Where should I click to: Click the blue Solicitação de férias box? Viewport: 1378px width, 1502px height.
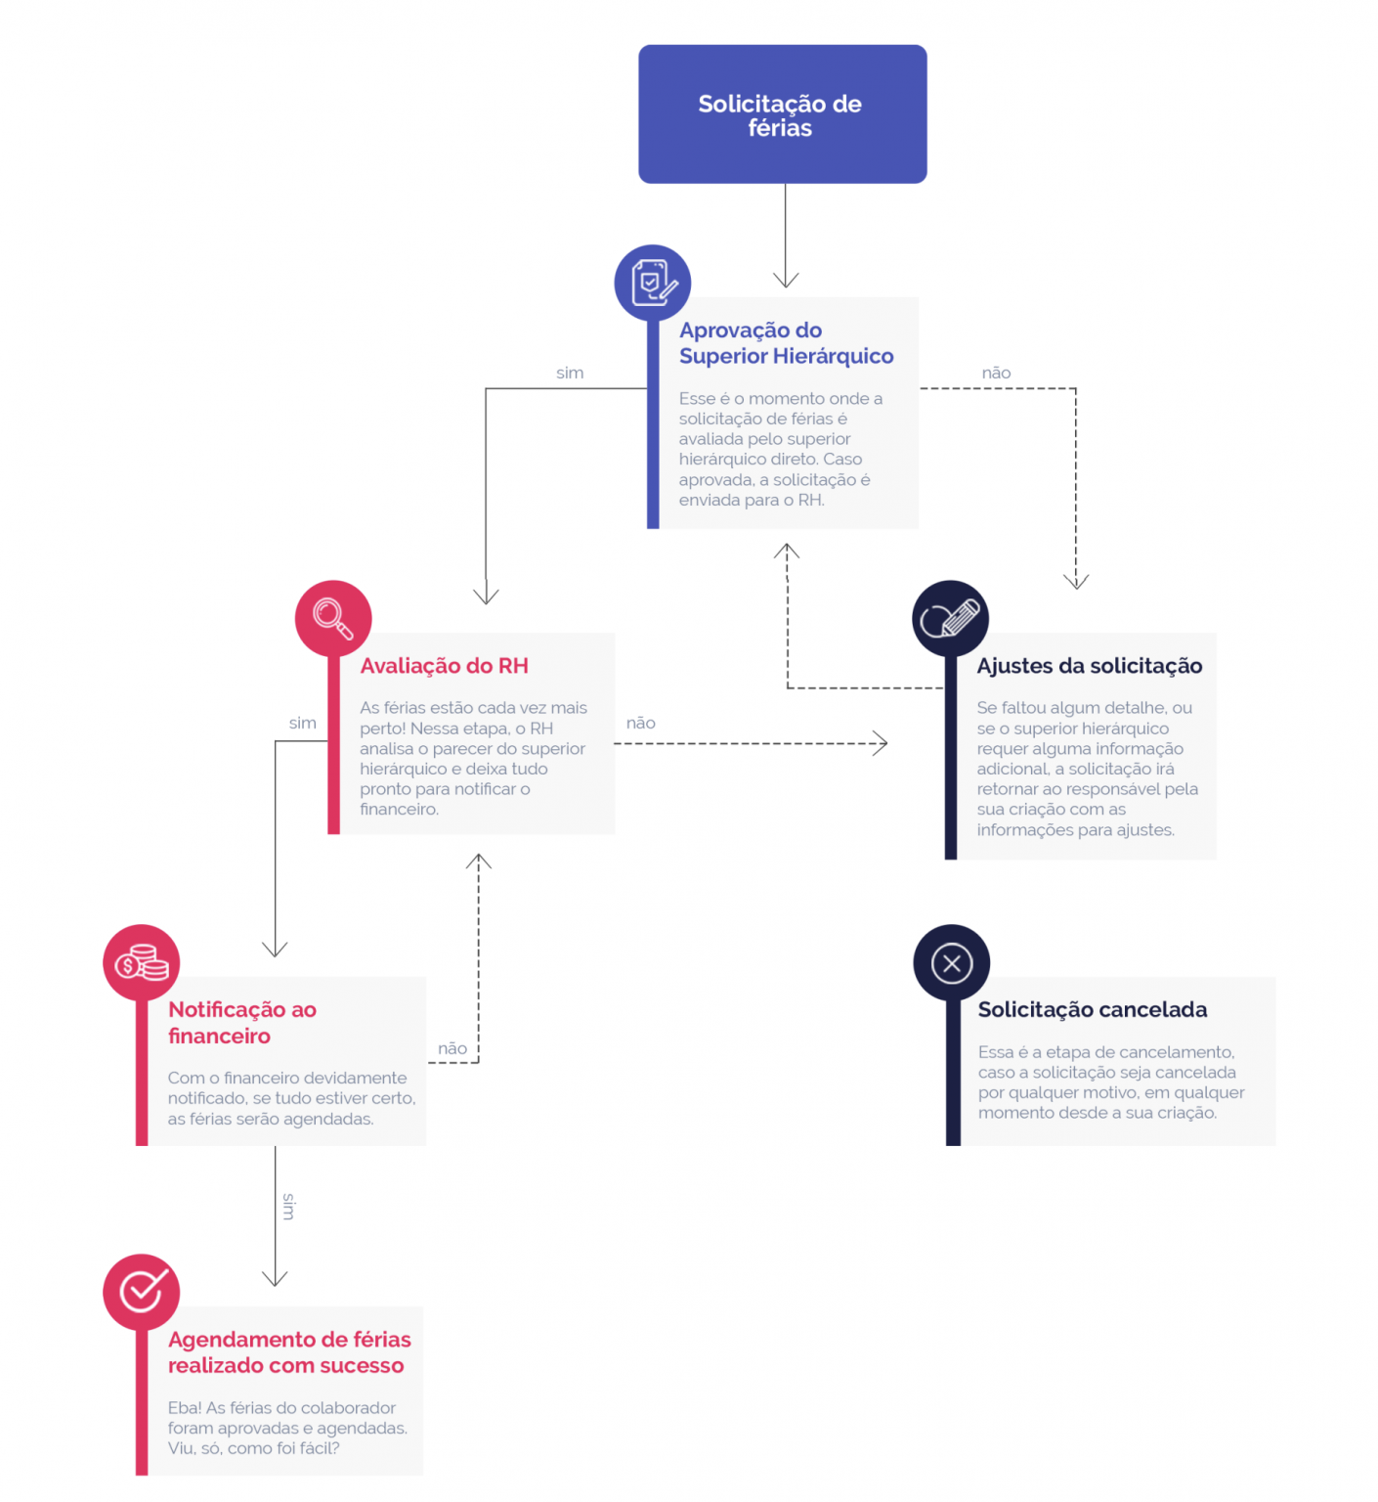coord(782,113)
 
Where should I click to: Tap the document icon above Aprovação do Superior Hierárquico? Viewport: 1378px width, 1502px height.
coord(653,283)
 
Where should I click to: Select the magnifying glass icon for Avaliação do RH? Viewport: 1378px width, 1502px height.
coord(333,619)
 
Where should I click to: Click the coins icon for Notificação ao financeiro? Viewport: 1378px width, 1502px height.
coord(142,963)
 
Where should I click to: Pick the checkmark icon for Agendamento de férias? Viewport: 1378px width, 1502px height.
coord(142,1293)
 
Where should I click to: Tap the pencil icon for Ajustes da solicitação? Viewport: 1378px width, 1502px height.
coord(950,619)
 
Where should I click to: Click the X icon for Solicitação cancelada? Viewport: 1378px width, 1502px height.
coord(952,963)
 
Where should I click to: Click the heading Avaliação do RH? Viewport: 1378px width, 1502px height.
coord(444,666)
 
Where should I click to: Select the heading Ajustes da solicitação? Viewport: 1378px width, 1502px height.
coord(1090,666)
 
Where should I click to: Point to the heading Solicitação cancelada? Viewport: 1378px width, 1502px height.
coord(1093,1010)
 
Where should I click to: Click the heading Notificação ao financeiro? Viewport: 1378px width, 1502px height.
coord(242,1023)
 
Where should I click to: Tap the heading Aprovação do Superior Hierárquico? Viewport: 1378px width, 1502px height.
coord(787,343)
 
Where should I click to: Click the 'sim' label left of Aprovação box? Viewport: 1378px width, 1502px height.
coord(570,373)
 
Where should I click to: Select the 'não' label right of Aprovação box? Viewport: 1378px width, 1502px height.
coord(996,373)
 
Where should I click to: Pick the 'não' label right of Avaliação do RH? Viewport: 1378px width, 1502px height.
coord(641,723)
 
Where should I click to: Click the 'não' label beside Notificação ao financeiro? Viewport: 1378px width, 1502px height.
coord(452,1048)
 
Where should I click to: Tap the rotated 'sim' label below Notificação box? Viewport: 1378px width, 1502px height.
coord(288,1207)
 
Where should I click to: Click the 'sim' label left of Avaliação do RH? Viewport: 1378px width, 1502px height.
coord(303,723)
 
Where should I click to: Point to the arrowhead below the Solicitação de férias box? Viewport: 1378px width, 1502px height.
coord(786,281)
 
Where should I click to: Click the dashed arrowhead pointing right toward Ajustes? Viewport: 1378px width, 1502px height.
coord(882,743)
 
